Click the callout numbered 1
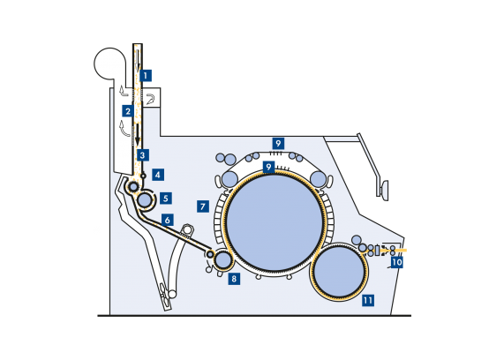[146, 76]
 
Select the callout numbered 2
[128, 111]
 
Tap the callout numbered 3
[143, 155]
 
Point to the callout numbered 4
[158, 175]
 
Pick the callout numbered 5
[166, 199]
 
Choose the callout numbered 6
[168, 221]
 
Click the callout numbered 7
[203, 206]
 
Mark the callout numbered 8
[234, 279]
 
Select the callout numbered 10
[397, 262]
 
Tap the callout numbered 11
[368, 301]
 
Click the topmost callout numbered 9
[278, 143]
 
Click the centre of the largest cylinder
[275, 221]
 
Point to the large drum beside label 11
[339, 272]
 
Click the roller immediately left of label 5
[145, 200]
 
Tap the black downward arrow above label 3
[138, 134]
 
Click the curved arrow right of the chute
[150, 99]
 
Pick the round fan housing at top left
[109, 64]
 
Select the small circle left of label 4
[143, 176]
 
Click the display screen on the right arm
[385, 189]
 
